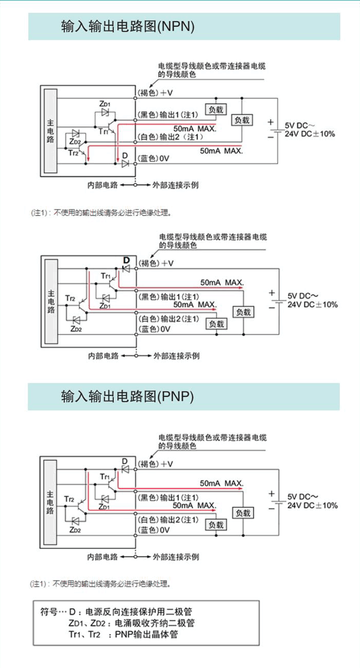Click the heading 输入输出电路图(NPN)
[x=127, y=26]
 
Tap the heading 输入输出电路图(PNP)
[x=127, y=396]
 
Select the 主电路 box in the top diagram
[x=50, y=132]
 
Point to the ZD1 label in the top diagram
[x=105, y=104]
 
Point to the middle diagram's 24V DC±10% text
[x=312, y=304]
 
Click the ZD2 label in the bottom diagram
[x=75, y=530]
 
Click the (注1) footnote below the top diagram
[x=101, y=213]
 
